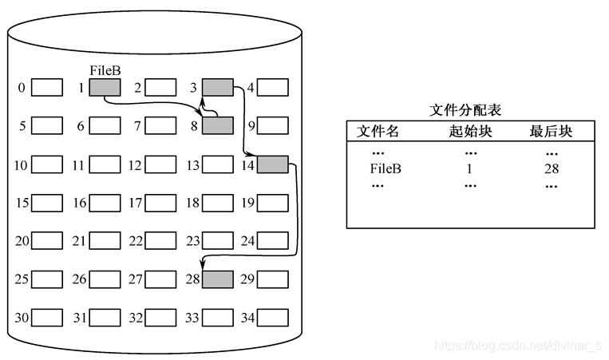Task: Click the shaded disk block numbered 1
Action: coord(105,88)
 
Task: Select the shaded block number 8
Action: coord(218,125)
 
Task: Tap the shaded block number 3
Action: coord(218,88)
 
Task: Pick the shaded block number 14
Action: coord(273,165)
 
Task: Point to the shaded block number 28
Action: coord(218,279)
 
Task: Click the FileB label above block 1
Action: coord(105,70)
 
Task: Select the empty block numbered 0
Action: coord(46,88)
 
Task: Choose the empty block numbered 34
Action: coord(273,318)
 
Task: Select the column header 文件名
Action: coord(378,132)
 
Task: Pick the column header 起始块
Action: coord(470,132)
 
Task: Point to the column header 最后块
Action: coord(551,132)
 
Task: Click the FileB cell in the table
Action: coord(386,168)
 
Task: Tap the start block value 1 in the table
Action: coord(469,168)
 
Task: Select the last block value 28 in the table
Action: coord(550,168)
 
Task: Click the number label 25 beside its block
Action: coord(22,279)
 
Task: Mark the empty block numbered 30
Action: coord(46,318)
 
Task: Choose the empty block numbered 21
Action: coord(105,241)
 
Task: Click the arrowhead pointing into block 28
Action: coord(204,266)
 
